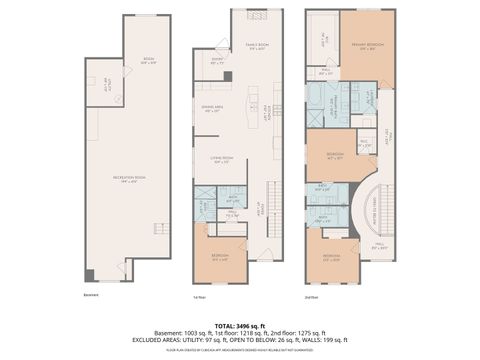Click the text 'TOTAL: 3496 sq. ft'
pyautogui.click(x=240, y=313)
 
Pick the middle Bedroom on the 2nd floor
pyautogui.click(x=334, y=155)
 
